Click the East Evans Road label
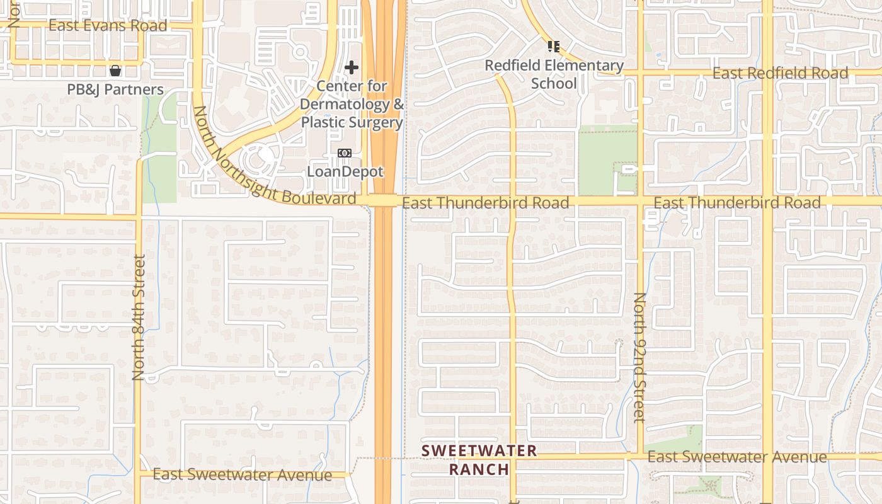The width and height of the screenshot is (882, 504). [108, 25]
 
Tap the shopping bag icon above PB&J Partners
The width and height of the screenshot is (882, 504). [115, 70]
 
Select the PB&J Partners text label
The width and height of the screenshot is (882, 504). [115, 89]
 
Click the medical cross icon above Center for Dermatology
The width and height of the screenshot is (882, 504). [352, 67]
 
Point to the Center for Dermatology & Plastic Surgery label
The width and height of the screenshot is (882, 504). [352, 104]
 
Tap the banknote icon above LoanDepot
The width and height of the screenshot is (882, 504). [345, 153]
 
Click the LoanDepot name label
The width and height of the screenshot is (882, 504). [345, 171]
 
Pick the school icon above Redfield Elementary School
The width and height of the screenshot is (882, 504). [554, 46]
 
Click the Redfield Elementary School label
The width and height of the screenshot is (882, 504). [554, 74]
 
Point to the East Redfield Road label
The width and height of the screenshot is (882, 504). [780, 73]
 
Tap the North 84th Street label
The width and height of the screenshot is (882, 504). [139, 317]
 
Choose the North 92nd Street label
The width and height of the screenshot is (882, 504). [640, 357]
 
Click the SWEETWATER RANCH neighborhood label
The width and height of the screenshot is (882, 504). [479, 459]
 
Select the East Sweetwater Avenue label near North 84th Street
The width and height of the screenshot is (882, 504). [242, 474]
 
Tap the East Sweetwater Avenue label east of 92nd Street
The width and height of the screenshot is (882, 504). [736, 457]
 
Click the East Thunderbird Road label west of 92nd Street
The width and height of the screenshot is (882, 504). [485, 202]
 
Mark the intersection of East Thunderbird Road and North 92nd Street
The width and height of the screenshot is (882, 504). [640, 202]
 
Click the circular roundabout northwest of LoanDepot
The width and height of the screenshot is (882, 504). [257, 159]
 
